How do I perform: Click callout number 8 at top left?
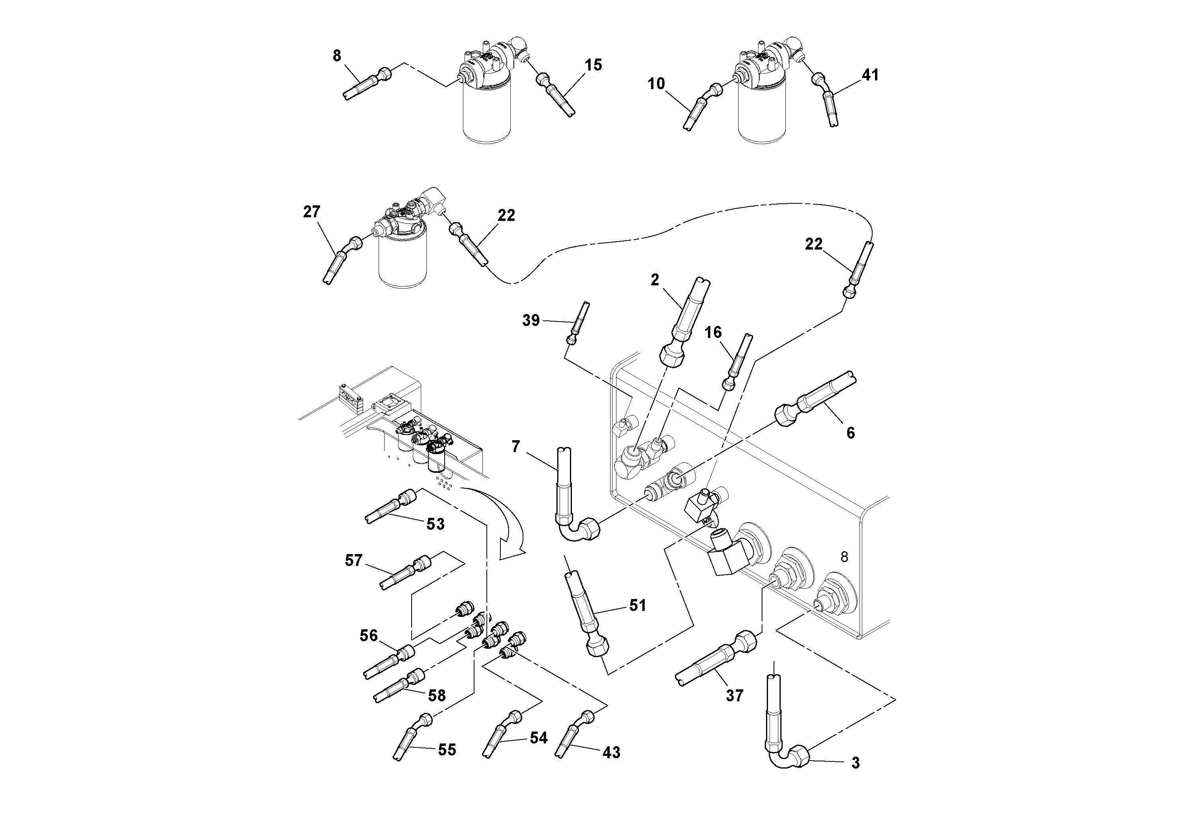(x=337, y=56)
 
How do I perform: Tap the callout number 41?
(x=870, y=75)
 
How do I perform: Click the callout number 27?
(x=311, y=212)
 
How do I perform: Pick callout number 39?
(x=531, y=320)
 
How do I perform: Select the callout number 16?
(x=713, y=332)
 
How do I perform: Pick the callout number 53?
(x=435, y=524)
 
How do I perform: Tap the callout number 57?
(x=354, y=560)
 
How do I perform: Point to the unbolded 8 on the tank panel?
(x=844, y=557)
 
